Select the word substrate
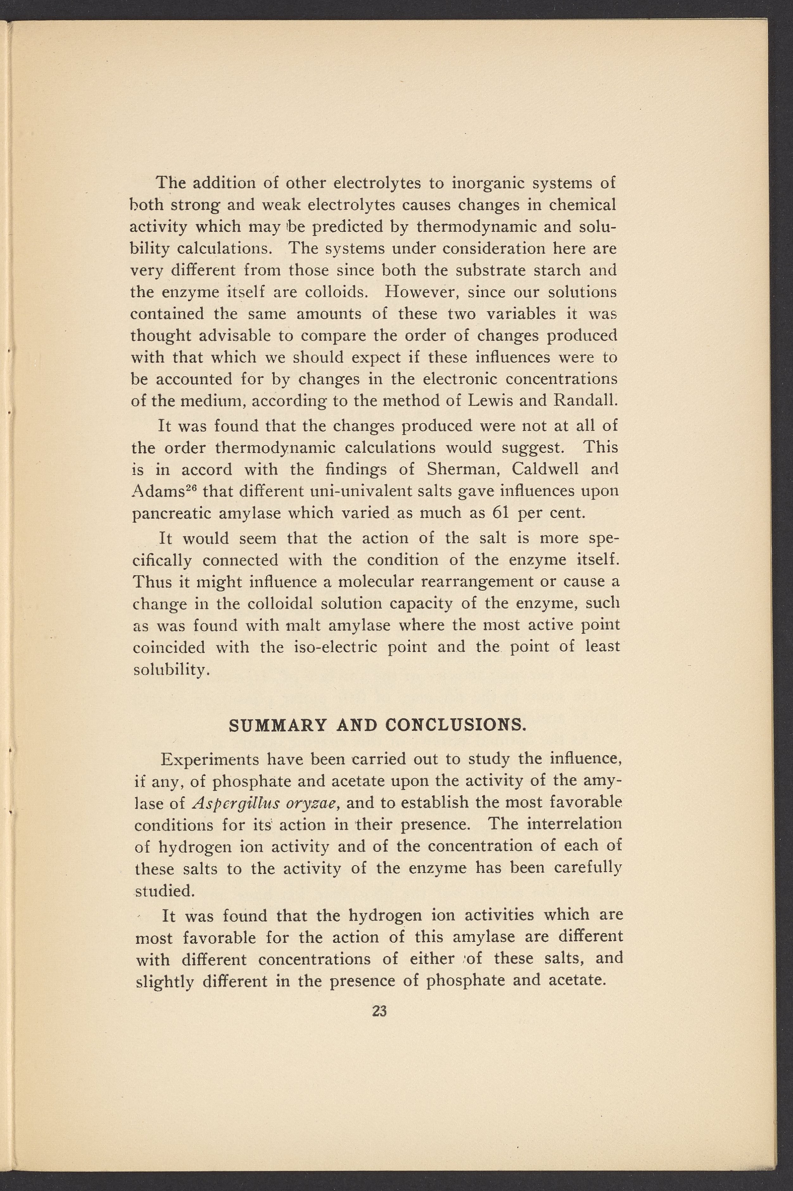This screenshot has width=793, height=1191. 486,270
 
